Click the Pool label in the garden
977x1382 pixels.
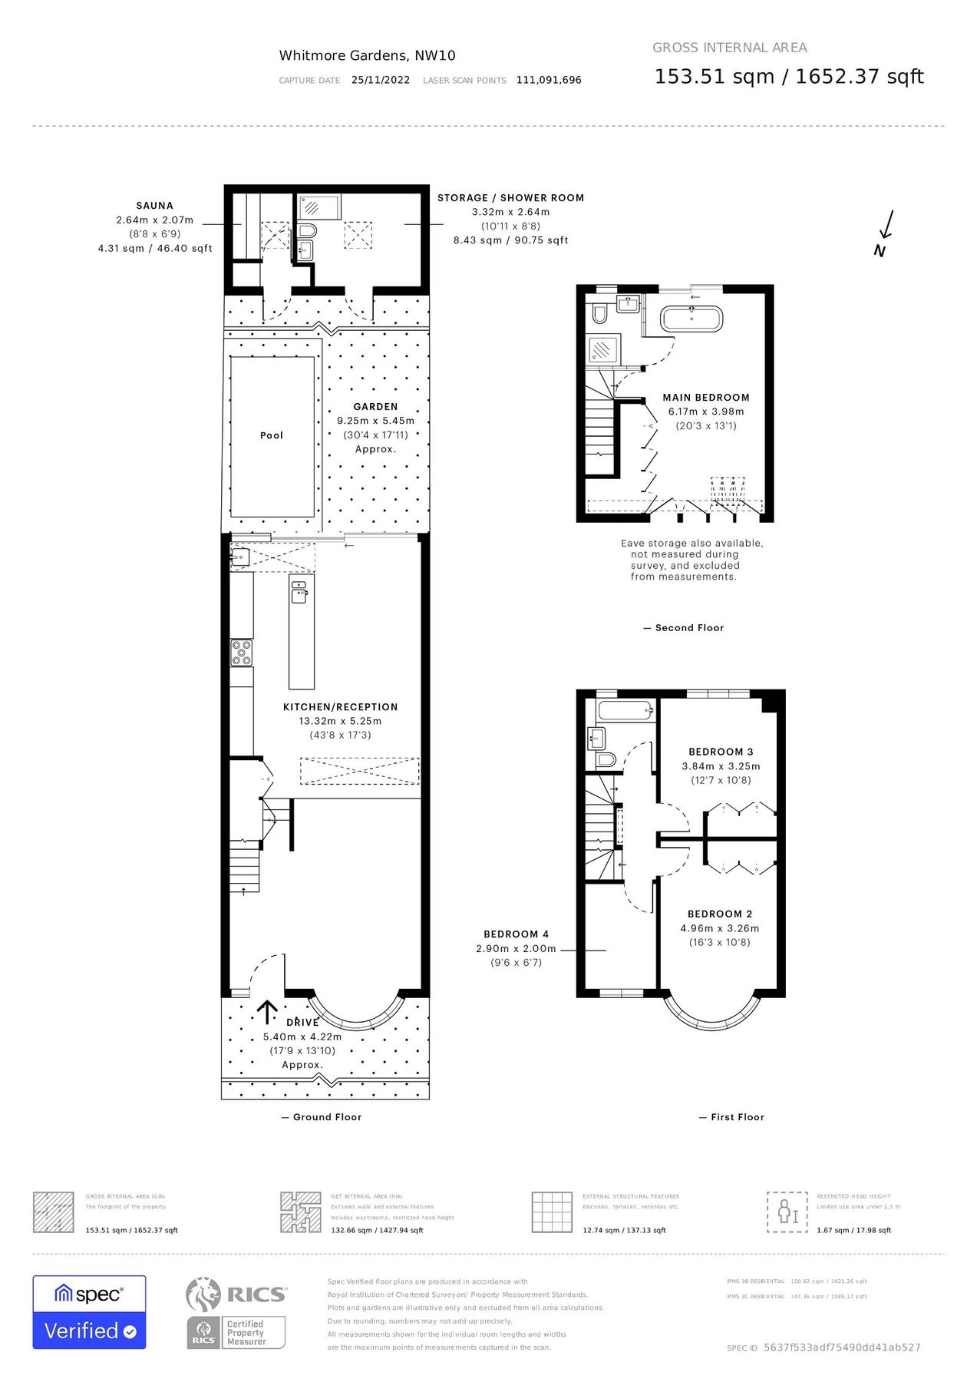[272, 435]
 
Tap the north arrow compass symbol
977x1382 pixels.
[884, 233]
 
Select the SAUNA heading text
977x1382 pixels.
[155, 206]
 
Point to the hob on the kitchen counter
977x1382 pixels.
[242, 652]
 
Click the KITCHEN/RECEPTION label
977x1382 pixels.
[341, 707]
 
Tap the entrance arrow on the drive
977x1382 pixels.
[267, 1012]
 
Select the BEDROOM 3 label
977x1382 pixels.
[721, 752]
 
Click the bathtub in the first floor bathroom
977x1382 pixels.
[625, 710]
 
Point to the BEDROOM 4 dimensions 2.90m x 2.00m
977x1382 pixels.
[516, 948]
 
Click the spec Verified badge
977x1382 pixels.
[89, 1312]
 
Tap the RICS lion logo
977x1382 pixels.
[203, 1294]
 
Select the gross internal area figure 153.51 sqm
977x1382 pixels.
[714, 77]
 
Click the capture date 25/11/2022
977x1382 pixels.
[381, 80]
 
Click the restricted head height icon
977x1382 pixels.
[787, 1212]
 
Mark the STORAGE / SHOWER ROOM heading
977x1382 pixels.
[510, 198]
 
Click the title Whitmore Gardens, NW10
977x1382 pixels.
[367, 55]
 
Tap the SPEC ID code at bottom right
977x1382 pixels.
[842, 1347]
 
